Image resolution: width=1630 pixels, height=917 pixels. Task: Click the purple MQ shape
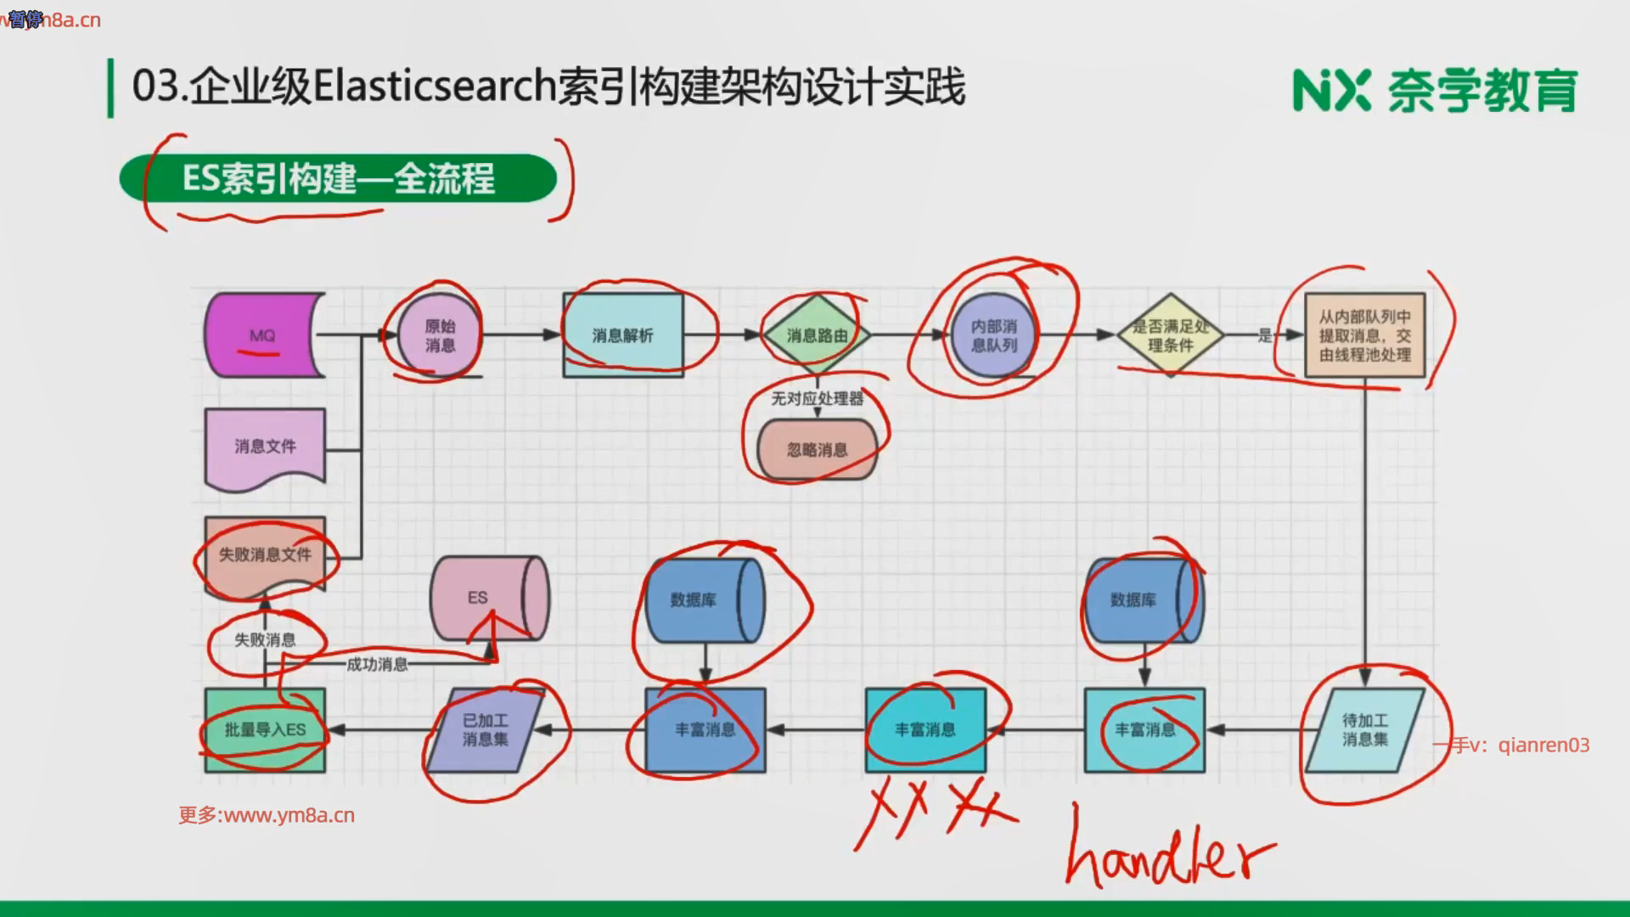(263, 335)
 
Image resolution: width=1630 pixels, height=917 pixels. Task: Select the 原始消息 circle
(439, 335)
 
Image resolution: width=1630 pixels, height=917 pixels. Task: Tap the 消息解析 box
(622, 335)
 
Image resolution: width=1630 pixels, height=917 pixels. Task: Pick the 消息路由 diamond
(817, 335)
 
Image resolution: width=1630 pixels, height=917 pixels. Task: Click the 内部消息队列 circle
(993, 335)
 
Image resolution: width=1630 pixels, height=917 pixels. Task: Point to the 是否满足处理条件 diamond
(1170, 335)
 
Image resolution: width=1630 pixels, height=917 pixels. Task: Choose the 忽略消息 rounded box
(817, 449)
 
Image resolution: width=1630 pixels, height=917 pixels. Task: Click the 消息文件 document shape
(265, 447)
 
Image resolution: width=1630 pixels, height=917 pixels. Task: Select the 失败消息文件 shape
(265, 554)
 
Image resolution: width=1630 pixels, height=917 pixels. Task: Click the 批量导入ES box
(265, 729)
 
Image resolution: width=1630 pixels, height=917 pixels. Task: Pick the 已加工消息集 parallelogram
(486, 729)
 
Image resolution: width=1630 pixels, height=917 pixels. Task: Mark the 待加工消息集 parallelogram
(1364, 729)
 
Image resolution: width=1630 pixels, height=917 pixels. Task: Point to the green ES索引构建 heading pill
(338, 178)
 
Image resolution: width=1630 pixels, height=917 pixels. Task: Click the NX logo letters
(1330, 90)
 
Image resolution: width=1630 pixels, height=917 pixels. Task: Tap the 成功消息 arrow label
(377, 664)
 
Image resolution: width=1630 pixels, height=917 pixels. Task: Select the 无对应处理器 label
(817, 398)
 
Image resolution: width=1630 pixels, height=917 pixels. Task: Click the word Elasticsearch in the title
(435, 87)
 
